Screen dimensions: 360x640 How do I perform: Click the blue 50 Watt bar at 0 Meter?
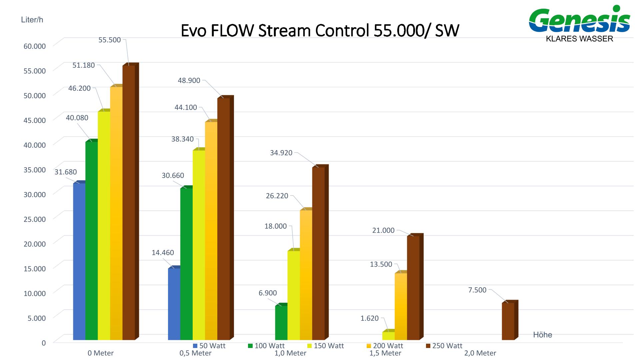(x=79, y=262)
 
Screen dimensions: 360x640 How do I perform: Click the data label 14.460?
(x=163, y=253)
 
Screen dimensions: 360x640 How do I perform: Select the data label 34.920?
(x=281, y=153)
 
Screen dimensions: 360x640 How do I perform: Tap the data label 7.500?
(x=477, y=290)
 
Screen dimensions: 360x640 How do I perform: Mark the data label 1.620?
(x=369, y=318)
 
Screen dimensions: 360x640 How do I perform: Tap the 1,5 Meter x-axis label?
(x=385, y=353)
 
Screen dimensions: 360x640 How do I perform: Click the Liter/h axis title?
(x=32, y=20)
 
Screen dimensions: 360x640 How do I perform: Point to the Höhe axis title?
(x=542, y=335)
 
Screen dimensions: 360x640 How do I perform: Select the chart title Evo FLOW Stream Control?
(x=320, y=31)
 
